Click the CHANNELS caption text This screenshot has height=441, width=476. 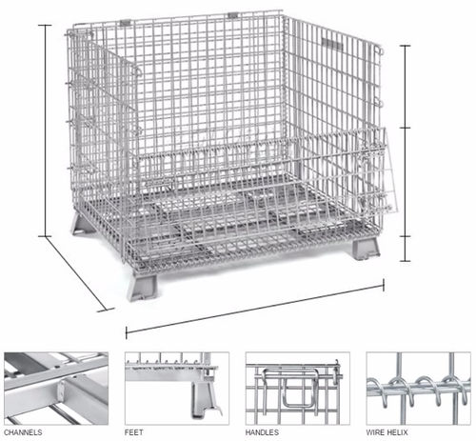(x=23, y=432)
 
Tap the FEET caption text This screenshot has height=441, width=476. (x=133, y=432)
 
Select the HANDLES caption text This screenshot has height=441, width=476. (x=262, y=432)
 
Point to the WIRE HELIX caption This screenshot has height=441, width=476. (x=387, y=432)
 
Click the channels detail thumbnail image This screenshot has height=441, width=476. (x=56, y=388)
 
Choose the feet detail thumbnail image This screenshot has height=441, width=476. (x=177, y=388)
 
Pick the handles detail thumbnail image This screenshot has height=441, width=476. (x=298, y=388)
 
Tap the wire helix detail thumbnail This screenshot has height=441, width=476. (x=418, y=388)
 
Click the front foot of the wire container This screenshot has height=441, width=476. (x=143, y=287)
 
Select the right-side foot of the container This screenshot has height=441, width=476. (x=366, y=249)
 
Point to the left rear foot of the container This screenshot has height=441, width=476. (x=83, y=224)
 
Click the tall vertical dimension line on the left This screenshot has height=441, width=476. (x=46, y=130)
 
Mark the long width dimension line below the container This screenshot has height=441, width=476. (x=255, y=309)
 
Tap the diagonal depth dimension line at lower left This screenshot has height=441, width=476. (x=76, y=273)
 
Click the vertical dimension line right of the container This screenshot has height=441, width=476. (x=405, y=153)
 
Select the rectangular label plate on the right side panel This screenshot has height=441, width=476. (x=332, y=44)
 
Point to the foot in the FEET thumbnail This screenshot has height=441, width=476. (x=203, y=398)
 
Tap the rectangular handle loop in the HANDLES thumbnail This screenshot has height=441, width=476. (x=298, y=388)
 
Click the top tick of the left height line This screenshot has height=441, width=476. (x=46, y=25)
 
